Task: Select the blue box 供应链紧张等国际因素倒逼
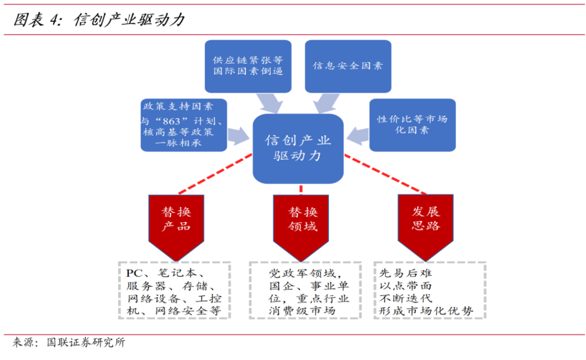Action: pyautogui.click(x=247, y=66)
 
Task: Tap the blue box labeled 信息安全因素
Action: pyautogui.click(x=348, y=66)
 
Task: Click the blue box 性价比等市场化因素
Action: pyautogui.click(x=412, y=124)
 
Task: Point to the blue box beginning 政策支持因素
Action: pyautogui.click(x=183, y=124)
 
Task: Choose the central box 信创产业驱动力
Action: pyautogui.click(x=298, y=148)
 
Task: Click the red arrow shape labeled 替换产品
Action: pyautogui.click(x=176, y=223)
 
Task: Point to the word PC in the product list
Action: pyautogui.click(x=134, y=273)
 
